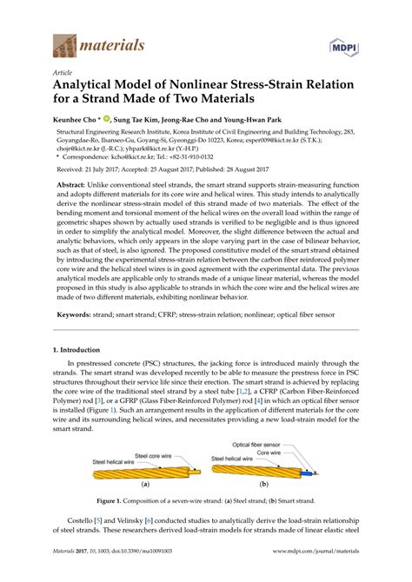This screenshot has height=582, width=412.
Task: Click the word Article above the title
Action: pos(63,74)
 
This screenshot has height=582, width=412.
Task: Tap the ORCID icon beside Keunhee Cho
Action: pos(108,119)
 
